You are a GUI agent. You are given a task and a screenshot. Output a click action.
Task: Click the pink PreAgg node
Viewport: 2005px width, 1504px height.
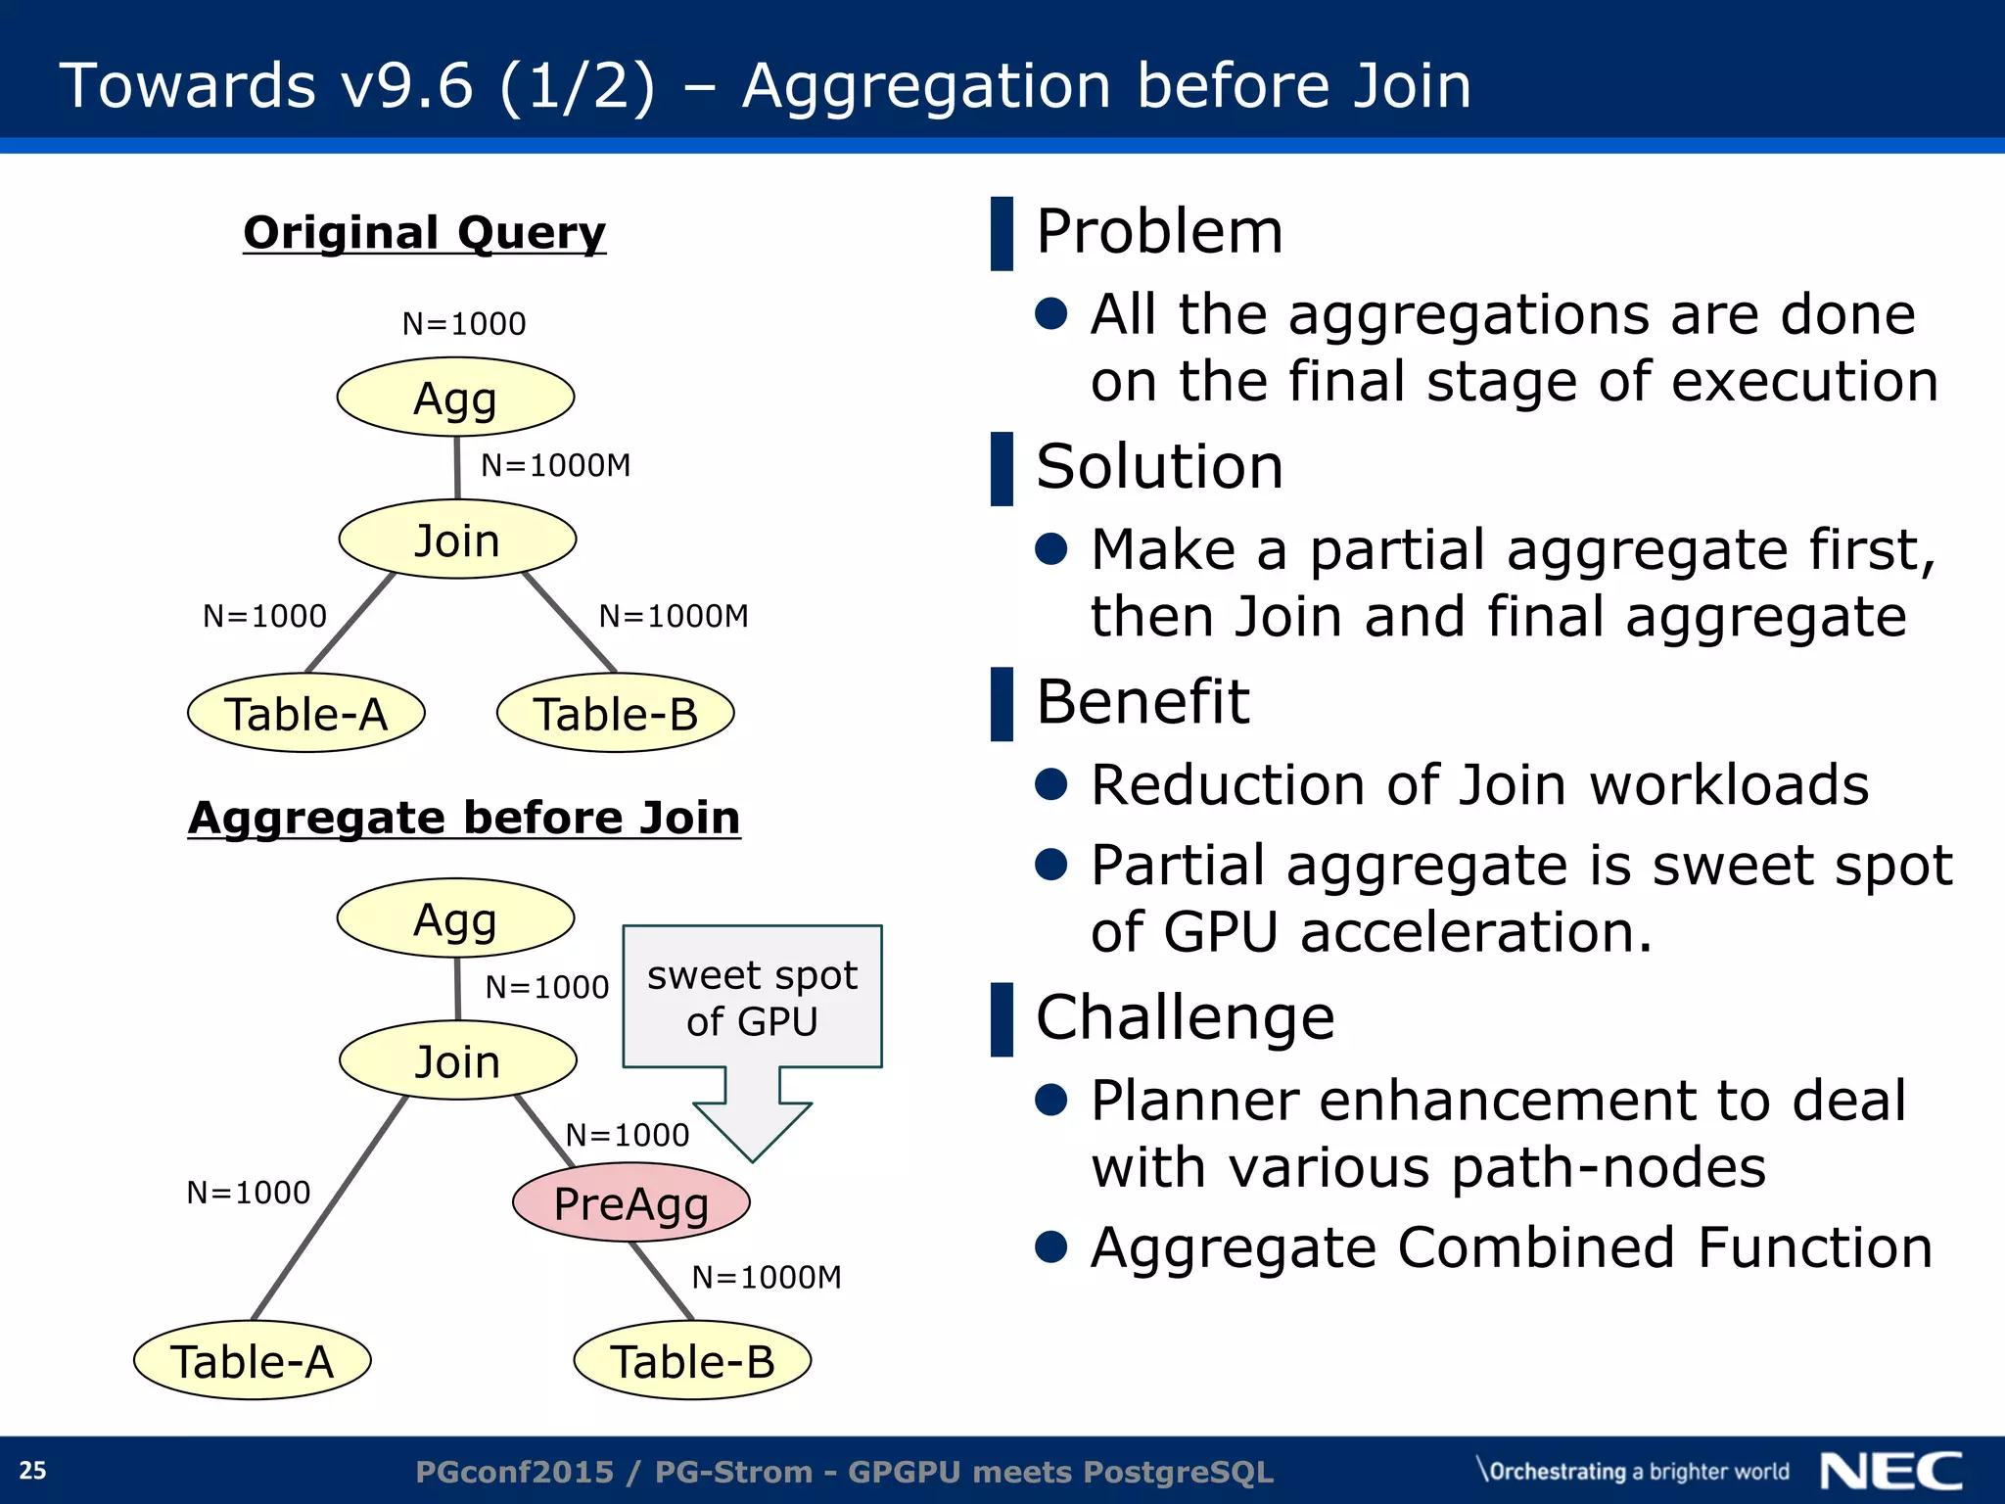pyautogui.click(x=630, y=1202)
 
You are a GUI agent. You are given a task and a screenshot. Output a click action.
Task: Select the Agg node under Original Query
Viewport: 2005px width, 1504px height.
pyautogui.click(x=455, y=398)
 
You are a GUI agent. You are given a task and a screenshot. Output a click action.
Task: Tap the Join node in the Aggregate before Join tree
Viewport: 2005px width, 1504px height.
pyautogui.click(x=457, y=1061)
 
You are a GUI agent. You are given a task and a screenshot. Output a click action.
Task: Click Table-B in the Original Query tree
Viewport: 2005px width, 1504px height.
pyautogui.click(x=615, y=713)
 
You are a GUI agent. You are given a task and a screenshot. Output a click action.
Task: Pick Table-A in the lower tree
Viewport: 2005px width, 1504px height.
pyautogui.click(x=252, y=1361)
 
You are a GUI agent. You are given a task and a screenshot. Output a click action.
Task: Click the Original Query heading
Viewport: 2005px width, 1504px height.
pyautogui.click(x=424, y=233)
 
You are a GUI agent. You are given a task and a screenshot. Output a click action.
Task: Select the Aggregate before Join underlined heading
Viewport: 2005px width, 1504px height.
pyautogui.click(x=464, y=818)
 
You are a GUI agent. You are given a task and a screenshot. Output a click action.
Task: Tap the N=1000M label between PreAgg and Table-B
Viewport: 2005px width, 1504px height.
pyautogui.click(x=766, y=1277)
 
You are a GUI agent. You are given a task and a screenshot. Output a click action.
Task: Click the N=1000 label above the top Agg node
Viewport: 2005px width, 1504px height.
pyautogui.click(x=464, y=324)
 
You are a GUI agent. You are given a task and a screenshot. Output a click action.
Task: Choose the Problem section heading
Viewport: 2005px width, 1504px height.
pyautogui.click(x=1159, y=232)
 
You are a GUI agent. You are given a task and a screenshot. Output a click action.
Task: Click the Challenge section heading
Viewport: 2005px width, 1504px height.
pyautogui.click(x=1185, y=1017)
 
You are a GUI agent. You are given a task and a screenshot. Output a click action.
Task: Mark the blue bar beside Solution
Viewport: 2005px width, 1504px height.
pyautogui.click(x=1002, y=469)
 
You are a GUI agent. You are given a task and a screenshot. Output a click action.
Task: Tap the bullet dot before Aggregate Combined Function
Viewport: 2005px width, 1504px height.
pyautogui.click(x=1050, y=1246)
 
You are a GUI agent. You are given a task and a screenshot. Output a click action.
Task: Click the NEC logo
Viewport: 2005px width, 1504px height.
pyautogui.click(x=1891, y=1472)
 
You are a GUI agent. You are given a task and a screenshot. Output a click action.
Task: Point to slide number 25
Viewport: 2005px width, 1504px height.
pyautogui.click(x=32, y=1471)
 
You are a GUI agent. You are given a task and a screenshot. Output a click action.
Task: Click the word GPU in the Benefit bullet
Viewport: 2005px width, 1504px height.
pyautogui.click(x=1221, y=931)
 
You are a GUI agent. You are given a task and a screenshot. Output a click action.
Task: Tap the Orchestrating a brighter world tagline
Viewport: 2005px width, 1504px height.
pyautogui.click(x=1633, y=1472)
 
